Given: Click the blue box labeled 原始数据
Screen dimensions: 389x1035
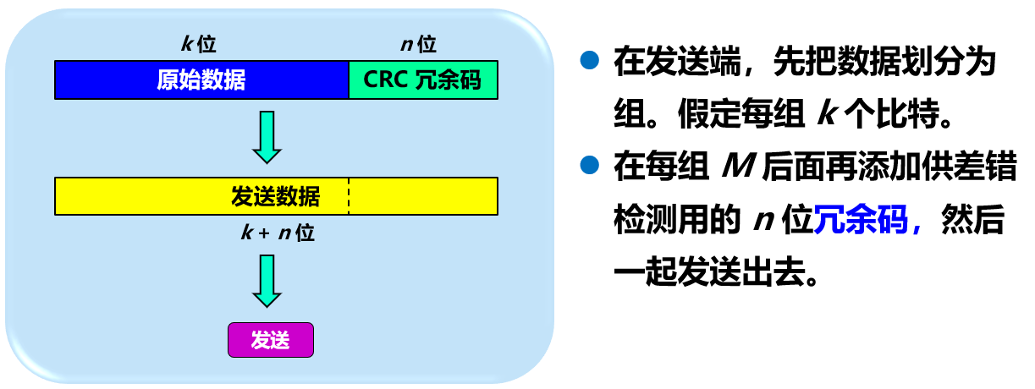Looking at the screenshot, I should tap(201, 79).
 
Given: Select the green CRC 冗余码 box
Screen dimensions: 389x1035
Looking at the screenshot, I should tap(422, 79).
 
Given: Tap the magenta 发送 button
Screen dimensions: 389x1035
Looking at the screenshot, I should tap(271, 340).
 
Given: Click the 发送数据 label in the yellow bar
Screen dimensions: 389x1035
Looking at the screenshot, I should tap(276, 196).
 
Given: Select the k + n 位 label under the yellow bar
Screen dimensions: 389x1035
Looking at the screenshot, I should tap(276, 233).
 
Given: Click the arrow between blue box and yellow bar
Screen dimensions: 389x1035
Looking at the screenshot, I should tap(267, 135).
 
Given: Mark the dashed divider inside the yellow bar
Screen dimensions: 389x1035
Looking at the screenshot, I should tap(349, 196).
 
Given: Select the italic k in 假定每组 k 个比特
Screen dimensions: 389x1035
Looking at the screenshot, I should tap(825, 115).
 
